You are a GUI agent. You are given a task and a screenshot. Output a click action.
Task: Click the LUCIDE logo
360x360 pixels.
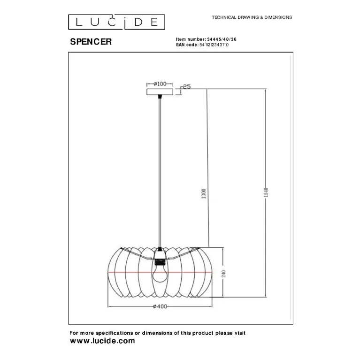tap(116, 22)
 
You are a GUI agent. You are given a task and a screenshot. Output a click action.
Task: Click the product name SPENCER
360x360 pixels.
tap(91, 42)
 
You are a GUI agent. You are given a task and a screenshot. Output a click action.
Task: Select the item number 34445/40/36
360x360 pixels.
tap(222, 39)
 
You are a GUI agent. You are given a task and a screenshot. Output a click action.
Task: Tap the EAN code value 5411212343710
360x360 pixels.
tap(214, 45)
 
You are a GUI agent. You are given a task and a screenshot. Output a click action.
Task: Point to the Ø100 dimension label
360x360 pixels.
tap(160, 84)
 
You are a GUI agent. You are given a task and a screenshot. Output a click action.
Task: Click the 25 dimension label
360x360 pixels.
tap(187, 86)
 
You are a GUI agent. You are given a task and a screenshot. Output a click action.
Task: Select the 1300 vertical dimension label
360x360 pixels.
tap(204, 193)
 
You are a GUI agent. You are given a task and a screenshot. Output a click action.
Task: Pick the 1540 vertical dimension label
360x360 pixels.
tap(266, 192)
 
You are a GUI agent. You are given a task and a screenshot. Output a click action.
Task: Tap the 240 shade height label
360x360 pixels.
tap(223, 274)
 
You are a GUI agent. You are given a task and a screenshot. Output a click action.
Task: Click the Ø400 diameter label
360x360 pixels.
tap(160, 306)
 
